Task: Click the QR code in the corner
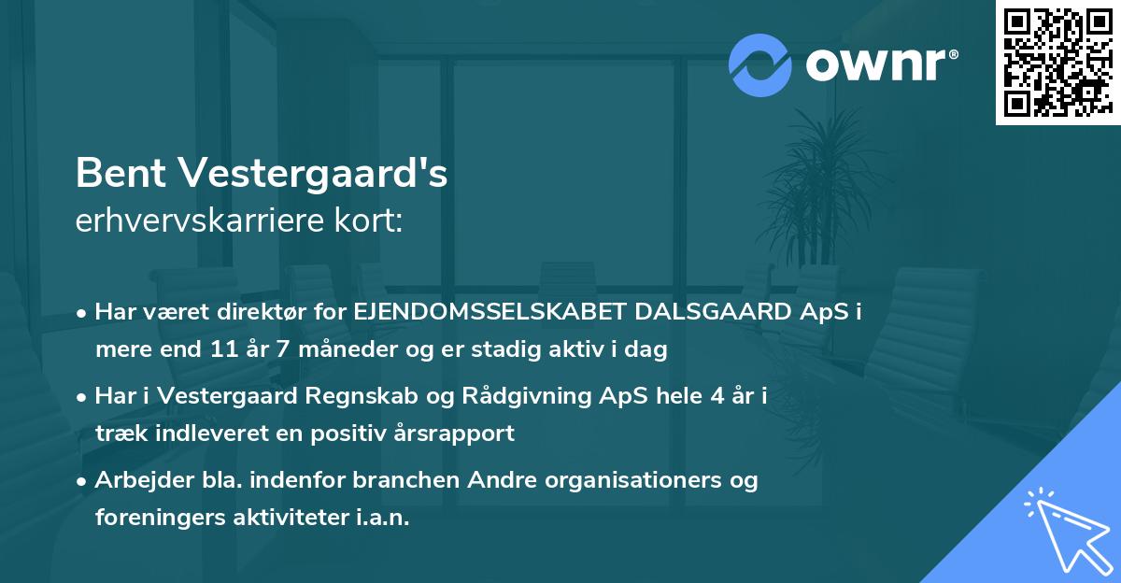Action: [x=1057, y=62]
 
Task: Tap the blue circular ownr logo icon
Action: [x=760, y=64]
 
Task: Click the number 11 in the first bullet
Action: [x=220, y=349]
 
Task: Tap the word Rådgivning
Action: [x=491, y=396]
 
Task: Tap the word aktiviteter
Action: [x=284, y=518]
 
